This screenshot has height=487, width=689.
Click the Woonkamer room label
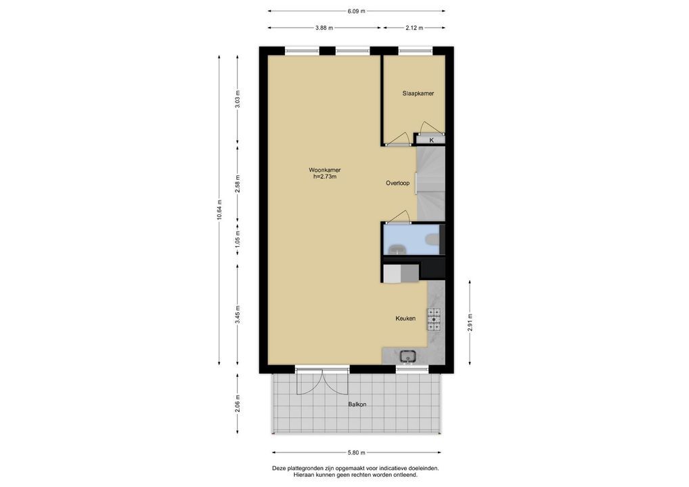325,170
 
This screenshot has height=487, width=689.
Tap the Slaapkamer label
418,93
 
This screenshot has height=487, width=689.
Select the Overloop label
398,183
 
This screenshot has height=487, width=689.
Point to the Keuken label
405,319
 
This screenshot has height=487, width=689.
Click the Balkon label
357,404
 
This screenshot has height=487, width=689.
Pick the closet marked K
430,140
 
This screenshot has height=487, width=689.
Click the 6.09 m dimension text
357,11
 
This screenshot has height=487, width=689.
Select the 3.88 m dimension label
324,28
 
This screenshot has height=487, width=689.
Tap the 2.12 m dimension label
414,28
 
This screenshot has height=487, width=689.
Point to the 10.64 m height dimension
219,211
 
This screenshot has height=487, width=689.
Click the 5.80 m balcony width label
357,453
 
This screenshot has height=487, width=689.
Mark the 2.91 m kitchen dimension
470,323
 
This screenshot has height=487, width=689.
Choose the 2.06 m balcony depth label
238,404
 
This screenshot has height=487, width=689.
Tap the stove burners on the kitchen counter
434,319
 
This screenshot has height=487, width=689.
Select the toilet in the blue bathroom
432,239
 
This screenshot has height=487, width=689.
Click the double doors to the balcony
323,381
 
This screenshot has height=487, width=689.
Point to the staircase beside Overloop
430,183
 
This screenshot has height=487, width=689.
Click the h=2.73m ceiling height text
325,177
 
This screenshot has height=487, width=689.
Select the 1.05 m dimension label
238,243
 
